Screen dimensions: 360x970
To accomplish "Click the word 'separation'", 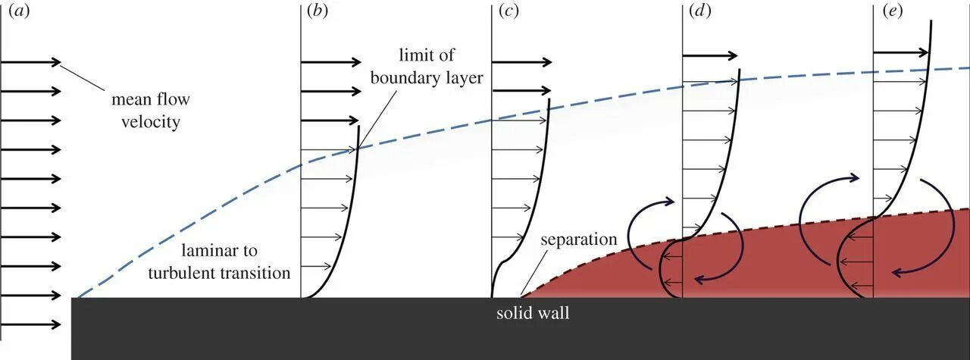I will click(578, 239).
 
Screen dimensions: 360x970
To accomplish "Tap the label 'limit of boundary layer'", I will click(430, 66).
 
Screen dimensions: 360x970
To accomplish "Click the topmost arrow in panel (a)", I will click(31, 62).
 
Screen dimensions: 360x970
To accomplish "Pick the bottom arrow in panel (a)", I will click(31, 325).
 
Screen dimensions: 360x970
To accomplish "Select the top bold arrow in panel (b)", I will click(331, 62).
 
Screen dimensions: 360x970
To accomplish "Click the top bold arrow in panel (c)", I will click(522, 62).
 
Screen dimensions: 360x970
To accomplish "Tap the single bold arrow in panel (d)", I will click(710, 55).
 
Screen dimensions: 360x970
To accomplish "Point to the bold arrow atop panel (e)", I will click(902, 52).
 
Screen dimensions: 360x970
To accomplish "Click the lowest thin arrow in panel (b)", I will click(318, 266).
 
